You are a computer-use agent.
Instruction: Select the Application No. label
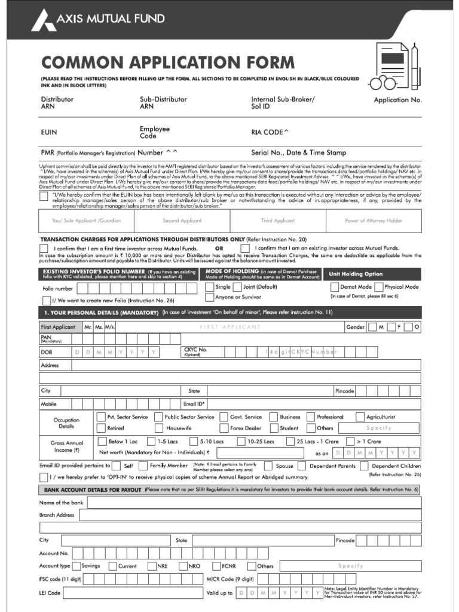[x=397, y=100]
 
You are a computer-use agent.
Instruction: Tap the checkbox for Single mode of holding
[x=209, y=287]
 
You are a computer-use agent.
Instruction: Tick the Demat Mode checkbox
[x=334, y=287]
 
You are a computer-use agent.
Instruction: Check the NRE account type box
[x=151, y=566]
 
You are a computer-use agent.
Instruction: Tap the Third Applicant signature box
[x=277, y=221]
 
